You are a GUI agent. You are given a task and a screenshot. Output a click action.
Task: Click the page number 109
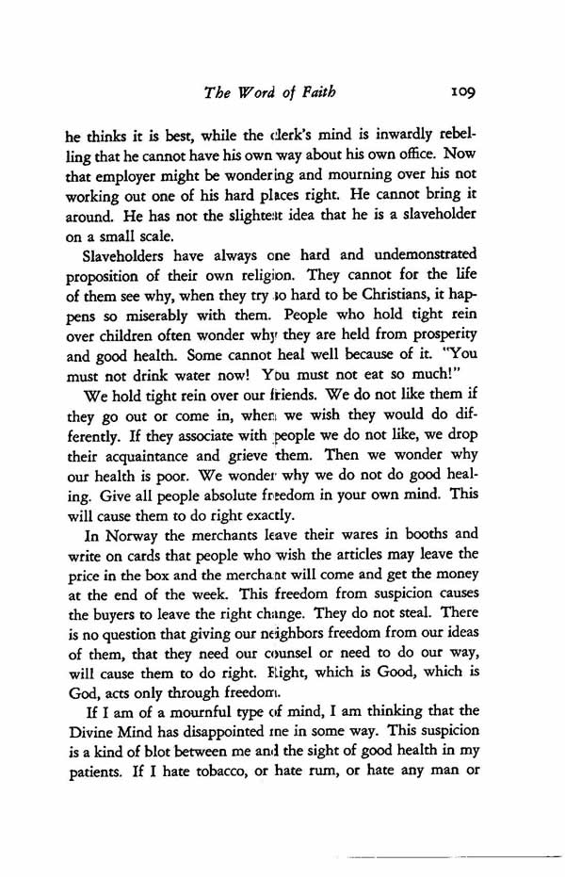(x=464, y=93)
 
